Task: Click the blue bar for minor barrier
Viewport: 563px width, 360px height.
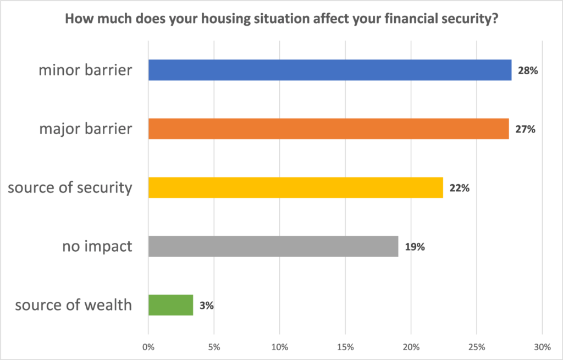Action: [x=330, y=70]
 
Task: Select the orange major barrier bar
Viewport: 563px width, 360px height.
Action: [x=328, y=129]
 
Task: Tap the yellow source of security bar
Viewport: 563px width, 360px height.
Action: [x=295, y=187]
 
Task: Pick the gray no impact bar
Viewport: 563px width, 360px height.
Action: [x=273, y=246]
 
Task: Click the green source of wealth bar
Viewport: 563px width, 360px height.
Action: [x=170, y=305]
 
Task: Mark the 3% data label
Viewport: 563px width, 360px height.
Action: [x=206, y=306]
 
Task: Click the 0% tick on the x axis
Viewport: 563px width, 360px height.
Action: [x=148, y=347]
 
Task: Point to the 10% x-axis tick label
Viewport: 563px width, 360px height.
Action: [x=279, y=347]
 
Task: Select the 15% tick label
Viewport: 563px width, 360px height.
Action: [x=345, y=347]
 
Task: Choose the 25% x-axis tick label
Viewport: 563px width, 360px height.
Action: [x=477, y=347]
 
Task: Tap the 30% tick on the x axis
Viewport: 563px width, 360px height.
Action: [x=542, y=347]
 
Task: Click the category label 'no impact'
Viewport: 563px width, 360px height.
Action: [x=97, y=246]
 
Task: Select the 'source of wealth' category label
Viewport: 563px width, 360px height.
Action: [x=74, y=304]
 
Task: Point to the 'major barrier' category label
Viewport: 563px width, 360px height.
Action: [x=86, y=129]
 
